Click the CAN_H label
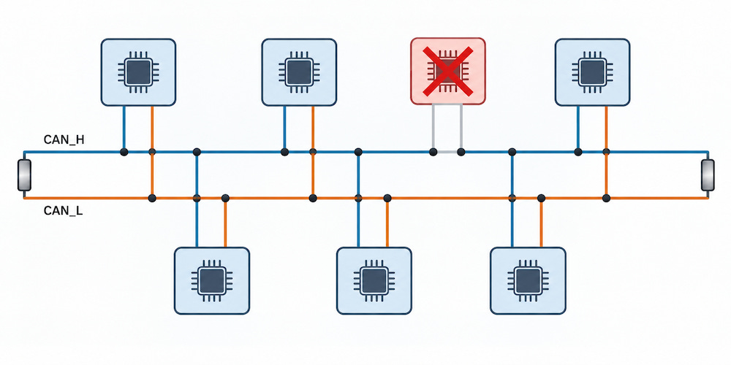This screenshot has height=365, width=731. click(64, 139)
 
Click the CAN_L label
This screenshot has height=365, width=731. click(64, 211)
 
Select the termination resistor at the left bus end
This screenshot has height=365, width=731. click(24, 175)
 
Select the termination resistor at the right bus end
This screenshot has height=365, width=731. click(708, 175)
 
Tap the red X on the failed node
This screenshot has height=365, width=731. click(448, 72)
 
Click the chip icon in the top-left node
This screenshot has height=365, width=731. click(138, 72)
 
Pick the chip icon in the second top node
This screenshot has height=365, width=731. click(299, 72)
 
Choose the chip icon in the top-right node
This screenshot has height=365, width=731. click(592, 72)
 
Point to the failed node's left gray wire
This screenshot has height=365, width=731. click(433, 127)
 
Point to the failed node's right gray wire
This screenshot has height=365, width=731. click(461, 127)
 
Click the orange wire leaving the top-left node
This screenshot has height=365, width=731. click(152, 152)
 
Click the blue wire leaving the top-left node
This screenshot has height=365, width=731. click(124, 128)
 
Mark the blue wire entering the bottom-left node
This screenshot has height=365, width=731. click(197, 200)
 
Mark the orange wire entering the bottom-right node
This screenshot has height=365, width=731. click(541, 223)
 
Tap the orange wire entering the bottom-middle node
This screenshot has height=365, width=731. click(387, 223)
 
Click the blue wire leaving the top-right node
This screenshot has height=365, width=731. click(578, 128)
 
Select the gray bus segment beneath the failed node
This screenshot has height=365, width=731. click(447, 152)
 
